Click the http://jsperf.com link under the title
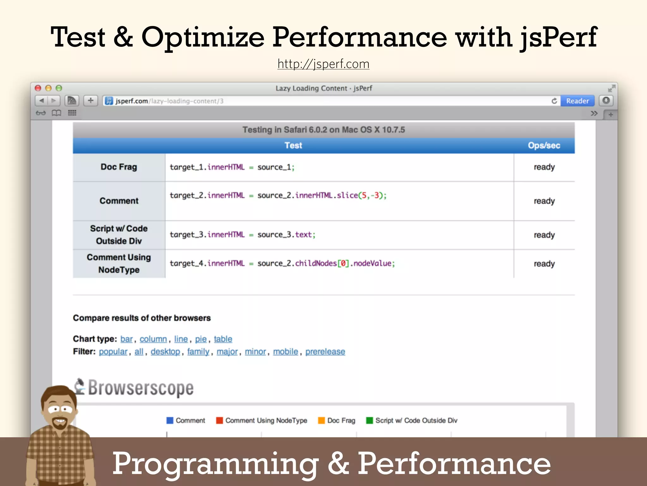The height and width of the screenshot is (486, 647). [x=323, y=64]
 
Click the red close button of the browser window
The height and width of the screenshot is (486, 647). [x=38, y=88]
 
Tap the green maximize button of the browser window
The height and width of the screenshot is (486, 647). [x=59, y=88]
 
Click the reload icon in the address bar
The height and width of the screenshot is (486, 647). [x=554, y=101]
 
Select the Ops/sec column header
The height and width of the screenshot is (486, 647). [x=544, y=146]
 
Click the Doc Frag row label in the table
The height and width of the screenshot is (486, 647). [x=119, y=167]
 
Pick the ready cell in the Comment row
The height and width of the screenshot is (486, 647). [x=544, y=201]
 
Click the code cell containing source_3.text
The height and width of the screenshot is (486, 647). [x=242, y=235]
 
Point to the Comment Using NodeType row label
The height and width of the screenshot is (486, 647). [x=119, y=264]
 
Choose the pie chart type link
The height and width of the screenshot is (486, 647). [x=201, y=339]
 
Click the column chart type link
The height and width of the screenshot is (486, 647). [x=153, y=339]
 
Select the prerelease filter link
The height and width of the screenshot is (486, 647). [x=325, y=352]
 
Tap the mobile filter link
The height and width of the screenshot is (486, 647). [x=285, y=352]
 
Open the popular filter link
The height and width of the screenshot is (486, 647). [x=113, y=352]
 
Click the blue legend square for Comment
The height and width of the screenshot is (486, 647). [x=170, y=421]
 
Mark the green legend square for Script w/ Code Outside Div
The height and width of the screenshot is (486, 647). [x=369, y=421]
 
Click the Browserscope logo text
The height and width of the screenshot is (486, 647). [x=141, y=388]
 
